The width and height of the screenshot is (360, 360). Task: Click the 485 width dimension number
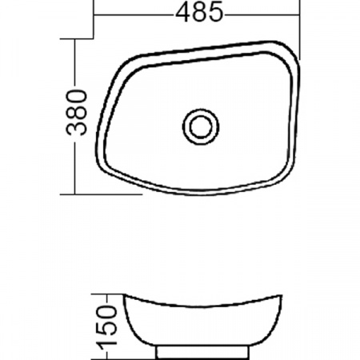tap(196, 14)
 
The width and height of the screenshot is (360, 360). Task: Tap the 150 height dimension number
tap(109, 324)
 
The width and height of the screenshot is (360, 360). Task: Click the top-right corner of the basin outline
tap(292, 52)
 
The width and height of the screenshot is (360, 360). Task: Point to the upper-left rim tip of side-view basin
tap(121, 297)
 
